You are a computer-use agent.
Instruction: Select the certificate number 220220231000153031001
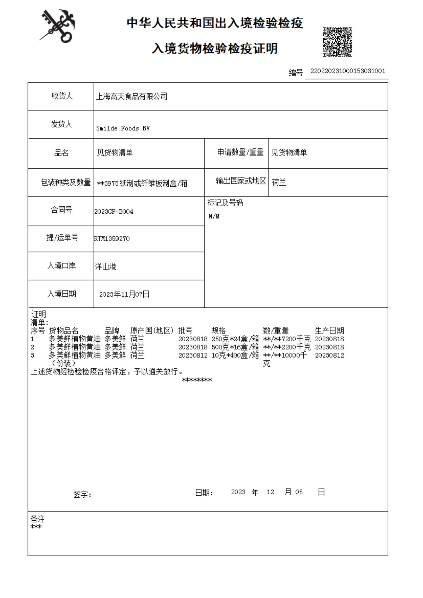pyautogui.click(x=347, y=71)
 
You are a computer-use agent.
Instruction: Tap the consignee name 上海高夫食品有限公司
pyautogui.click(x=132, y=97)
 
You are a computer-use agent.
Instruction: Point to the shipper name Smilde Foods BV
pyautogui.click(x=123, y=128)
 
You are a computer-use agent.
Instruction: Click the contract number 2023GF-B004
pyautogui.click(x=114, y=212)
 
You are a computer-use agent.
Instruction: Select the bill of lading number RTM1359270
pyautogui.click(x=112, y=239)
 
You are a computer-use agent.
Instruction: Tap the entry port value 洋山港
pyautogui.click(x=106, y=266)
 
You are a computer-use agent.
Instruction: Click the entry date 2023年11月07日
pyautogui.click(x=124, y=294)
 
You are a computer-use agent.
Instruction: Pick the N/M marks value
pyautogui.click(x=214, y=216)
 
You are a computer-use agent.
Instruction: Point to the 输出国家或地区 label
pyautogui.click(x=241, y=181)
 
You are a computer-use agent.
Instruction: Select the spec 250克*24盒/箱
pyautogui.click(x=235, y=339)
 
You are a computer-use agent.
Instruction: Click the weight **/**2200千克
pyautogui.click(x=287, y=347)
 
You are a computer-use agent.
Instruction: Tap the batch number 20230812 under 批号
pyautogui.click(x=193, y=355)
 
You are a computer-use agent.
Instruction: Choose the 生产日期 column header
pyautogui.click(x=329, y=331)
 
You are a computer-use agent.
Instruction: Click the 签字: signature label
pyautogui.click(x=82, y=494)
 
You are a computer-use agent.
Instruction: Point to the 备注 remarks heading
pyautogui.click(x=38, y=519)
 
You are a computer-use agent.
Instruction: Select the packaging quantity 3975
pyautogui.click(x=111, y=183)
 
